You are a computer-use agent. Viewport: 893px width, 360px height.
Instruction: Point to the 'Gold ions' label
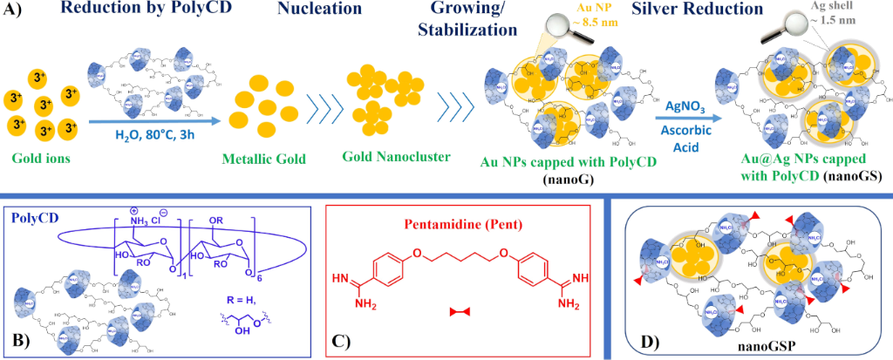[35, 159]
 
